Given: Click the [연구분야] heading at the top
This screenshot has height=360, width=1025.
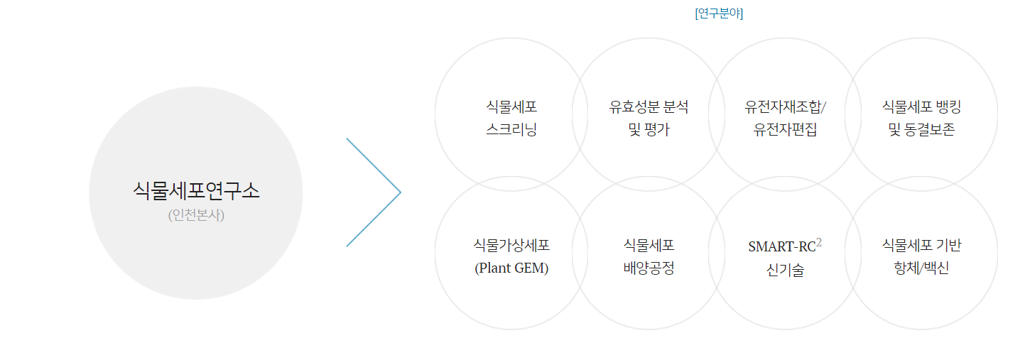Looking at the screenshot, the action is (719, 13).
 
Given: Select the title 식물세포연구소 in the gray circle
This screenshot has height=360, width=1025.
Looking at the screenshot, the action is (196, 190).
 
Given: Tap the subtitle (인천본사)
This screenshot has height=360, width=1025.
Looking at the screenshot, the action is (196, 214).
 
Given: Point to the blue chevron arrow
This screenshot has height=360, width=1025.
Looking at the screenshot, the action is (374, 192).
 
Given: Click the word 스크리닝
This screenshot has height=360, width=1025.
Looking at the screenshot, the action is (511, 131).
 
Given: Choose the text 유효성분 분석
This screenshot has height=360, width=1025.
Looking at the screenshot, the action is (649, 107).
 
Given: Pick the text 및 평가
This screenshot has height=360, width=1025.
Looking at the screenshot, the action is (649, 131).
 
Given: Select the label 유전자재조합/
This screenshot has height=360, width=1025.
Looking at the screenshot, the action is (786, 107).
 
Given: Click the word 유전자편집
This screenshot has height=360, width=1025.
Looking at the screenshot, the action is (786, 131).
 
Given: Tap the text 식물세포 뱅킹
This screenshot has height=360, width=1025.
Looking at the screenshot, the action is (921, 107).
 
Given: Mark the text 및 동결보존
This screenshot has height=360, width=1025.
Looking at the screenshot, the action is (921, 131).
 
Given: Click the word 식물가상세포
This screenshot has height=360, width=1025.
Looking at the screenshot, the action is (511, 246).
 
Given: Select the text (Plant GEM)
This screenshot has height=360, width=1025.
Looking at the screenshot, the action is (511, 269).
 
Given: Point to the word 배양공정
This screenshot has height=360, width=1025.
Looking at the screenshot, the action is (649, 269).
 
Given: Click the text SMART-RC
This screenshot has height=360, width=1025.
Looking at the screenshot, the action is (781, 247).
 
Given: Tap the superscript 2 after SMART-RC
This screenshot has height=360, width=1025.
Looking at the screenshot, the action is (819, 243).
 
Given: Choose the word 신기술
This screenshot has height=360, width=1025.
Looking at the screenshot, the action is (786, 270).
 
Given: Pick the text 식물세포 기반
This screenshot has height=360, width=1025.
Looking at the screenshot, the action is (921, 246).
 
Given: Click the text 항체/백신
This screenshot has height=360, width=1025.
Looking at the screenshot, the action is (921, 269).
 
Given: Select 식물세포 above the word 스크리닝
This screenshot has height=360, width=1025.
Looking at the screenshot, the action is (511, 107).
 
